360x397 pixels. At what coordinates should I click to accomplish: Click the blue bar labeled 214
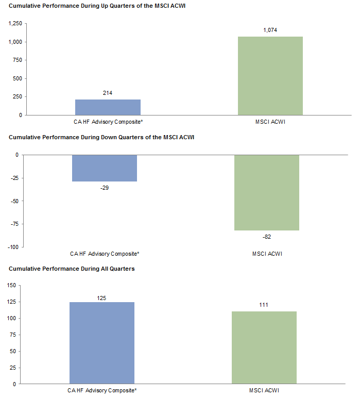coord(108,107)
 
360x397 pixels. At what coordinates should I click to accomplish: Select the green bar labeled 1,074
coord(270,76)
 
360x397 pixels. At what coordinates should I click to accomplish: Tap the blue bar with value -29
coord(105,168)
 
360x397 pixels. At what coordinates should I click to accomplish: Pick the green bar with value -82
coord(267,192)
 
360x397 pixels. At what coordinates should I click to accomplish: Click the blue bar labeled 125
coord(101,343)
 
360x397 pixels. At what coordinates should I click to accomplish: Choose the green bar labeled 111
coord(264,348)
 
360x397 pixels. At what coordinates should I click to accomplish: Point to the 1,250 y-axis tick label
coord(14,24)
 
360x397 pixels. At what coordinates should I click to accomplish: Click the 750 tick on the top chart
coord(17,60)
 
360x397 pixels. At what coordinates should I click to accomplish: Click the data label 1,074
coord(270,30)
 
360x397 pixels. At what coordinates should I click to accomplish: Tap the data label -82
coord(267,237)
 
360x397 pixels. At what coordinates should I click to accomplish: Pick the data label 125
coord(101,298)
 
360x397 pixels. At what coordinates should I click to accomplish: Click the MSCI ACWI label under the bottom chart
coord(264,390)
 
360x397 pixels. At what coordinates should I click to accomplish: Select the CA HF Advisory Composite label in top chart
coord(108,122)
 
